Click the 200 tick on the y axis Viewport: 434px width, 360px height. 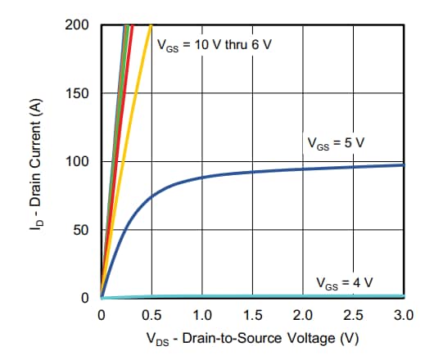click(x=79, y=25)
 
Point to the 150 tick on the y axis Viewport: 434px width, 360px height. click(x=79, y=93)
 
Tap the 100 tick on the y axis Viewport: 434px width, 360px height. click(x=79, y=161)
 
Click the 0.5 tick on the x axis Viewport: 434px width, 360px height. click(x=151, y=314)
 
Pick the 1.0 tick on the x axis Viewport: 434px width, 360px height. click(x=202, y=314)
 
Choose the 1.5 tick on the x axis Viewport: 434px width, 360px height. click(x=253, y=314)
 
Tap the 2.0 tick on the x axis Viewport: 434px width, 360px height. click(x=303, y=314)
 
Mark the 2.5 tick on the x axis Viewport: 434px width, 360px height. click(x=354, y=314)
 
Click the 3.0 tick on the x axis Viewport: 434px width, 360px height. click(x=404, y=314)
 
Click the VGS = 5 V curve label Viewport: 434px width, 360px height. click(x=335, y=143)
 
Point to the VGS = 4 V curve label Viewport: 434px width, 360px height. click(x=344, y=283)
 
